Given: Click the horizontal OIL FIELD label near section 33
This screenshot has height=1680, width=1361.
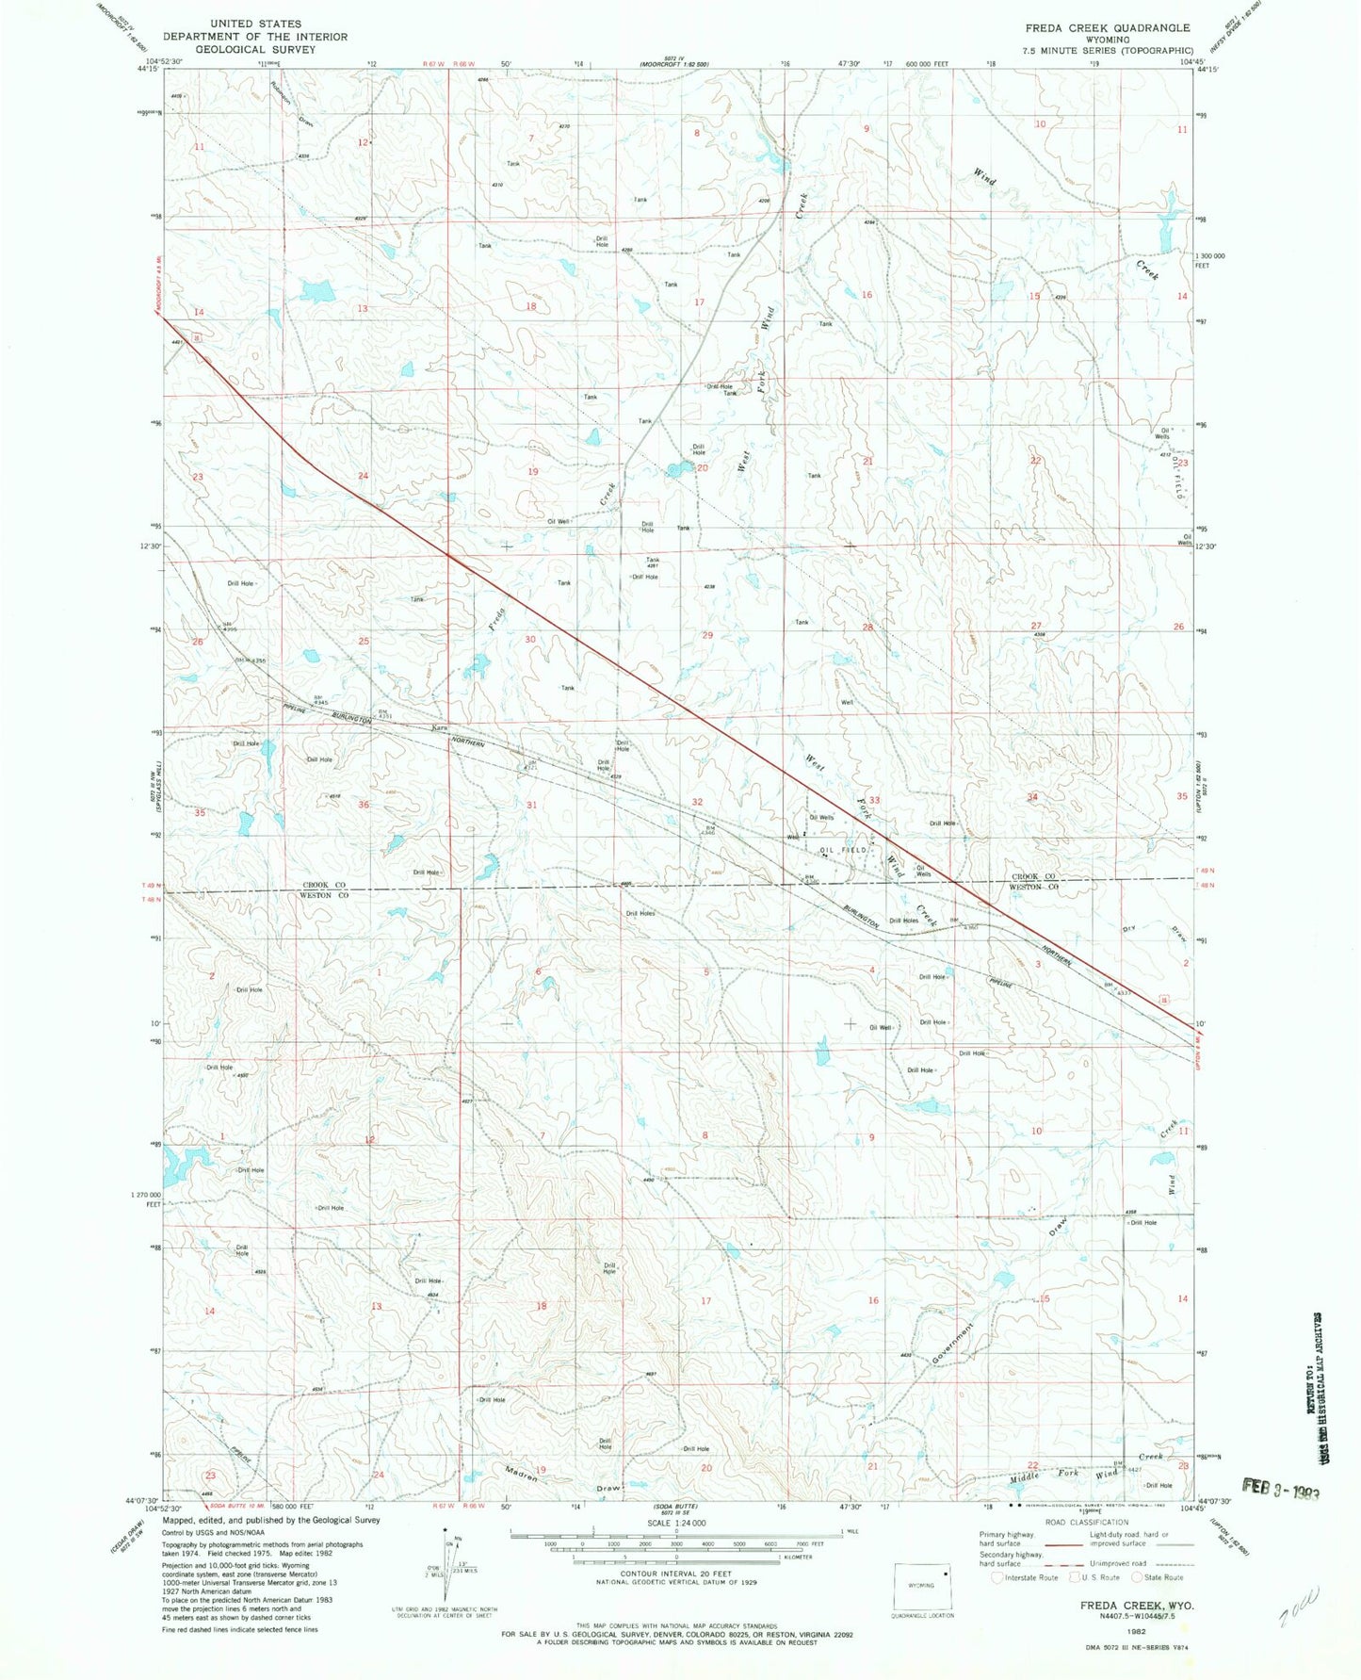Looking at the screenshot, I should pos(842,850).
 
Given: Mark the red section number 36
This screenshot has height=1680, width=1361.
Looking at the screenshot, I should pos(364,805).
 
